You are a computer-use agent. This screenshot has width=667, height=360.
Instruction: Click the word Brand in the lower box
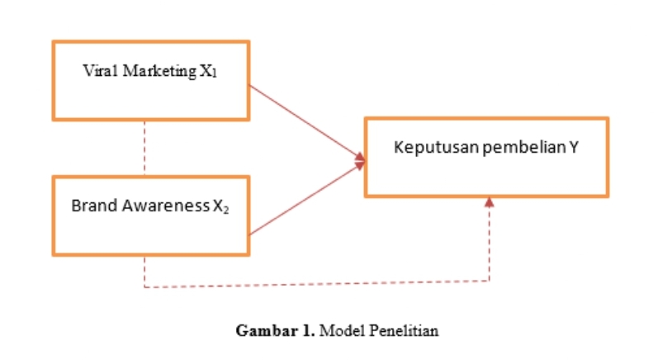tap(91, 206)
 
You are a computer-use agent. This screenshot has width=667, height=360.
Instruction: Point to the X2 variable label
tap(220, 206)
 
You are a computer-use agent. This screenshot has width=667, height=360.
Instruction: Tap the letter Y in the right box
tap(573, 148)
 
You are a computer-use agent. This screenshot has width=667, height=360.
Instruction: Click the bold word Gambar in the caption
tap(262, 331)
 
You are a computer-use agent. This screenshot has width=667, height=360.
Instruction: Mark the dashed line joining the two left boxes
tap(145, 148)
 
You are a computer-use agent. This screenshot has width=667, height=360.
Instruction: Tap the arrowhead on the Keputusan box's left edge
tap(360, 159)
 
